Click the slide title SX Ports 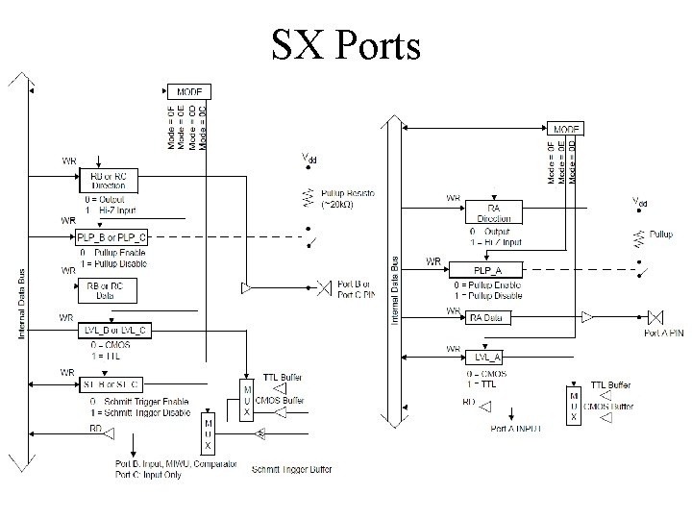click(x=346, y=43)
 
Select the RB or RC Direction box click(x=109, y=180)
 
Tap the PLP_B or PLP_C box click(x=112, y=236)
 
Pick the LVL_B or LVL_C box click(x=112, y=331)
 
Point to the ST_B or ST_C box click(x=112, y=385)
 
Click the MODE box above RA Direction click(x=564, y=129)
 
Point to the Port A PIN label click(x=664, y=334)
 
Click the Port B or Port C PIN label click(x=357, y=288)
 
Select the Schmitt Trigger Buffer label click(x=291, y=470)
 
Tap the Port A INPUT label click(x=515, y=428)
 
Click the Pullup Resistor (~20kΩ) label click(x=348, y=199)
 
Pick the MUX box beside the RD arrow click(x=209, y=433)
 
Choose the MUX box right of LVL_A click(x=574, y=407)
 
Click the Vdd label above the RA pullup click(x=639, y=202)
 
